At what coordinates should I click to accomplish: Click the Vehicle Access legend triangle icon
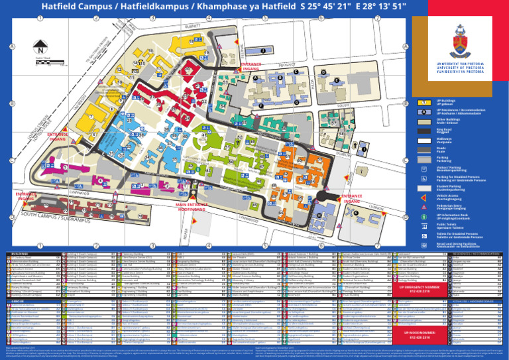pyautogui.click(x=424, y=197)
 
